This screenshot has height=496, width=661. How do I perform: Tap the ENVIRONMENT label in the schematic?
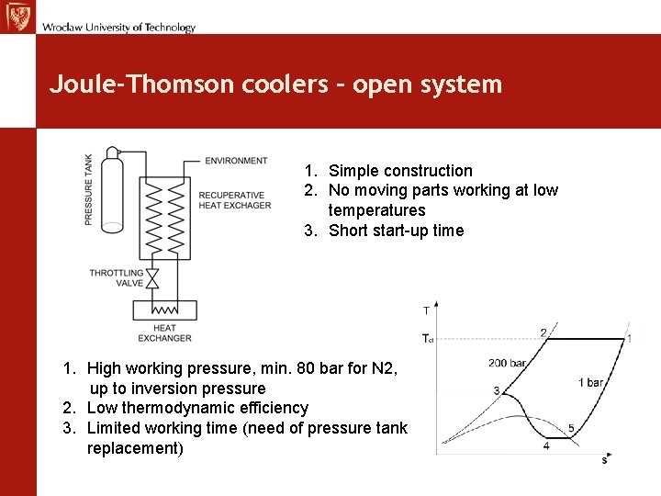point(236,161)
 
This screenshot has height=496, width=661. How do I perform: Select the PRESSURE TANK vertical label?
point(89,189)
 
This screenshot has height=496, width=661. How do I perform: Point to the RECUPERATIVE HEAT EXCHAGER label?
point(235,200)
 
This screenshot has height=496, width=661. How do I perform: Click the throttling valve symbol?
point(153,276)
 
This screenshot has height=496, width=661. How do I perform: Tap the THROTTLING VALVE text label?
point(117,278)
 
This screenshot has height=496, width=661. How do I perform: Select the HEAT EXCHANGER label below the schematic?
point(165,333)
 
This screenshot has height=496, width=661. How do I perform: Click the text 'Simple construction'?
point(400,171)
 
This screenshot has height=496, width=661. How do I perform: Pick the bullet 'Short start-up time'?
point(396,231)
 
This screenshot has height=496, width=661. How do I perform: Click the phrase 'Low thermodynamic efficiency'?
point(197,408)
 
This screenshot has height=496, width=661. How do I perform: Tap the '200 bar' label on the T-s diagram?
point(507,364)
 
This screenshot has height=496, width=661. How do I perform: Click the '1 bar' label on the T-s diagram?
point(590,382)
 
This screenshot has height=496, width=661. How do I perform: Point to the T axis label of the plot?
point(426,310)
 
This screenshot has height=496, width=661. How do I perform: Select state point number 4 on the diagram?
point(546,445)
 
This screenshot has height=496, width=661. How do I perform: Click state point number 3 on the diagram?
point(497,391)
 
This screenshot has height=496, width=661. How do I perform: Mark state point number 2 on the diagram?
point(543,333)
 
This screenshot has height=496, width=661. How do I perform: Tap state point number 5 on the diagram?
point(571,429)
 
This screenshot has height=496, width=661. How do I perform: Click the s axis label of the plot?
point(604,460)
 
